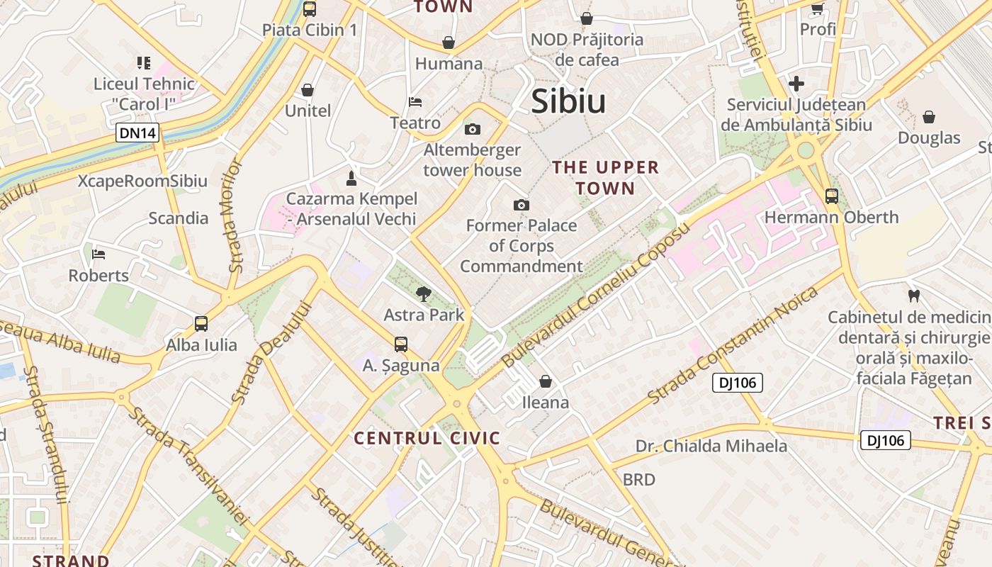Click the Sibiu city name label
click(568, 101)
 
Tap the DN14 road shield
click(138, 133)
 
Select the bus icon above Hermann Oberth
click(831, 196)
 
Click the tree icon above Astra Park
click(424, 293)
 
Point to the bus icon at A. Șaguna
click(401, 344)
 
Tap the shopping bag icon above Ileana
click(546, 381)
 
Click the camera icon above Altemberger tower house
click(472, 129)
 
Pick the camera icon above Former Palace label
click(521, 205)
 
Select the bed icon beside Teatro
click(415, 102)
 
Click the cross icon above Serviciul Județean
click(796, 84)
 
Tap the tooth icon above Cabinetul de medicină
click(913, 295)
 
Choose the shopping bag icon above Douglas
click(928, 117)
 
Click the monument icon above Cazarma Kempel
click(351, 176)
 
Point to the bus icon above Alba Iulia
click(201, 324)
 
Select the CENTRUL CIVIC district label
click(427, 438)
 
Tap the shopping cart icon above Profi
click(817, 9)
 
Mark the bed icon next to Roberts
click(98, 254)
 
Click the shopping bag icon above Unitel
click(308, 90)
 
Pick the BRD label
click(638, 480)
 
